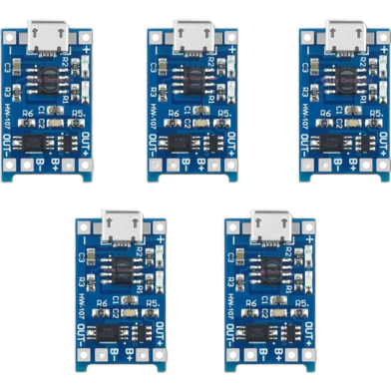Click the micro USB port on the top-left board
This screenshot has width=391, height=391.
46,39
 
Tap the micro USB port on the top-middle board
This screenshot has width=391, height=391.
192,39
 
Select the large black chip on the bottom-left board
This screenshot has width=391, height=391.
114,267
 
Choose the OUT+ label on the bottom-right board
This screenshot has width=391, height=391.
300,325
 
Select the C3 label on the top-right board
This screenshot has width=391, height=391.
301,68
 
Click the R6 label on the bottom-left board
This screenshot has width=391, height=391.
101,299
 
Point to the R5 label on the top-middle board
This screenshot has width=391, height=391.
223,113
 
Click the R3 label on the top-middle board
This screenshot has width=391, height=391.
154,91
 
